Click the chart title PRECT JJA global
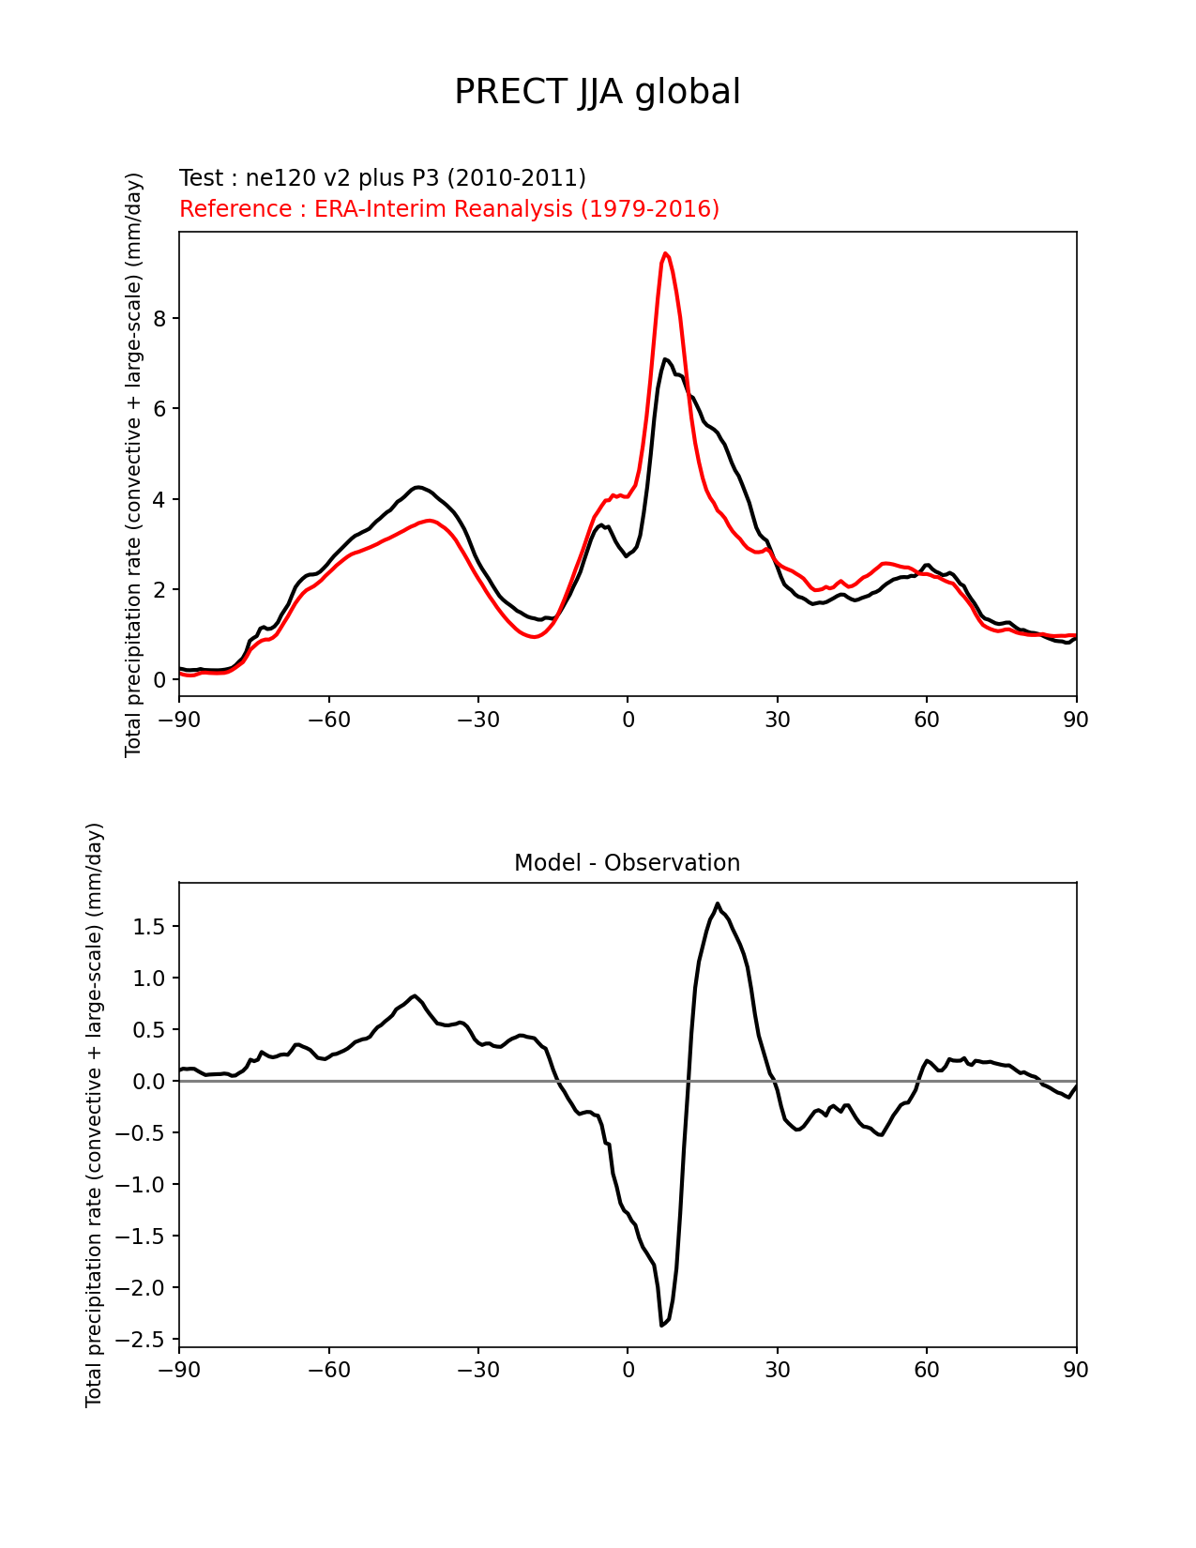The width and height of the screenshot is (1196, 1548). (x=597, y=92)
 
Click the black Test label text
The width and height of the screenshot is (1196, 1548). (x=382, y=178)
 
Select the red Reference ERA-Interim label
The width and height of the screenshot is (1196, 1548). (x=448, y=208)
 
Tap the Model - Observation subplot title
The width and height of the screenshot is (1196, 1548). (x=627, y=863)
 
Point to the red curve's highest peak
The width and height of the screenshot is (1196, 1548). (x=665, y=253)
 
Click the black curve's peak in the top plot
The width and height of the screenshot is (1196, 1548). (x=665, y=359)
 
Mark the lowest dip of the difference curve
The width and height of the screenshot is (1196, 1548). (x=662, y=1325)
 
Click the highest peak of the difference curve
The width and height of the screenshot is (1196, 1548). (x=718, y=904)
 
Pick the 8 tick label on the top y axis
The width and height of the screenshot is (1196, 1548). (x=159, y=319)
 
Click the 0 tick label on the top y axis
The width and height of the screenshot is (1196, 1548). (x=159, y=680)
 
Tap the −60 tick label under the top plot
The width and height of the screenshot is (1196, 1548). (x=328, y=720)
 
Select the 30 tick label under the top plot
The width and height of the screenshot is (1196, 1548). (x=777, y=720)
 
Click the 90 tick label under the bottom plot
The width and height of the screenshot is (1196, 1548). (x=1076, y=1370)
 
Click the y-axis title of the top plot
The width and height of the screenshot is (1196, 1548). (x=134, y=464)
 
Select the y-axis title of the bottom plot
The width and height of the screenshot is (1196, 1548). (x=95, y=1115)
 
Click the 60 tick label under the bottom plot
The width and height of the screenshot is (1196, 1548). (x=927, y=1370)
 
